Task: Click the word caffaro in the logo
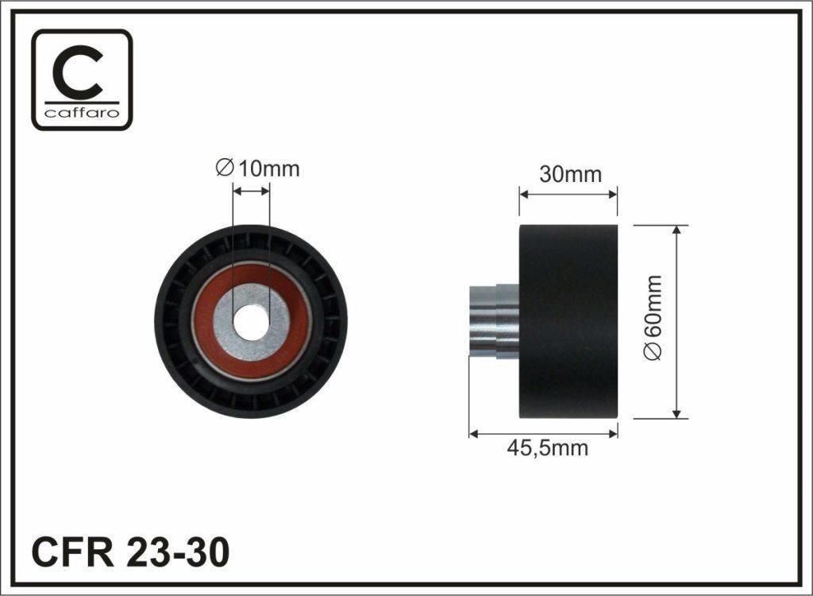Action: pyautogui.click(x=82, y=113)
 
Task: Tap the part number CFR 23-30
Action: pyautogui.click(x=130, y=552)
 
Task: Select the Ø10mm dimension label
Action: pyautogui.click(x=258, y=168)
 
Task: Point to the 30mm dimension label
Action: pyautogui.click(x=570, y=175)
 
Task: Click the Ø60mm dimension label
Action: pyautogui.click(x=653, y=317)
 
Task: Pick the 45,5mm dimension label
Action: pyautogui.click(x=548, y=448)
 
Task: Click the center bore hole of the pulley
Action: pyautogui.click(x=252, y=323)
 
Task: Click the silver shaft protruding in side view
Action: pyautogui.click(x=493, y=321)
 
